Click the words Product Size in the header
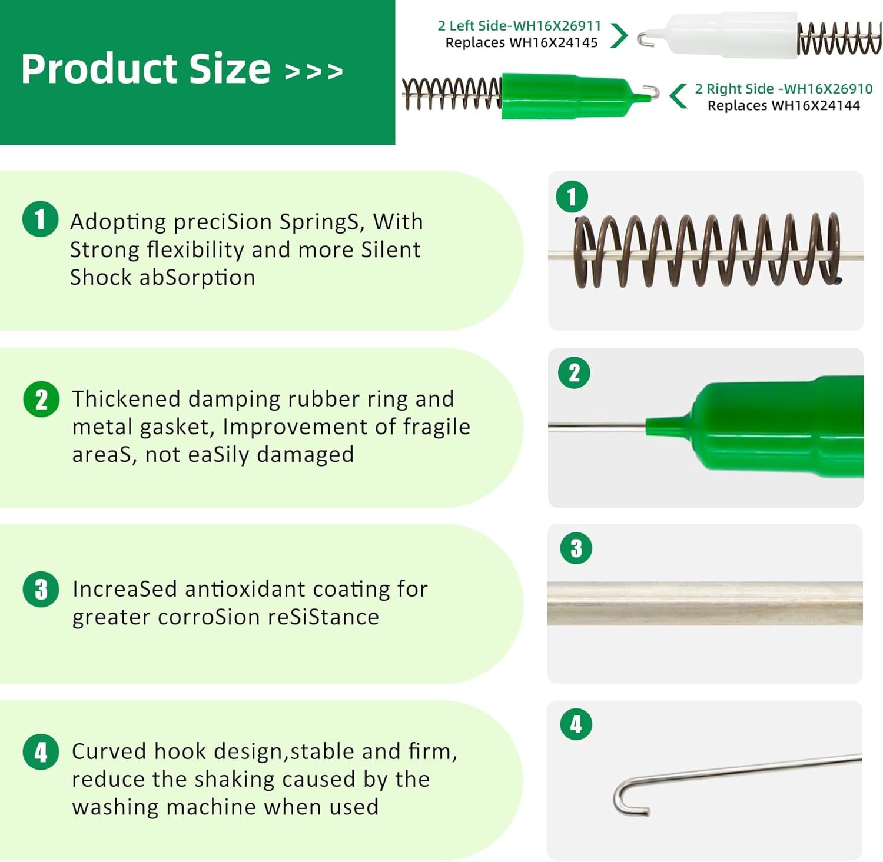click(145, 69)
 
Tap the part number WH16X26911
click(557, 26)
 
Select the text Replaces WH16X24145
click(522, 42)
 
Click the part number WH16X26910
click(828, 89)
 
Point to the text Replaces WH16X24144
click(784, 105)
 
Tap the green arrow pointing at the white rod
click(619, 35)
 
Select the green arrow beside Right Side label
click(678, 96)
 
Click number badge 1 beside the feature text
click(40, 219)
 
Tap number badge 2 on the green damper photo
click(575, 372)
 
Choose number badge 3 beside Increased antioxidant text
click(41, 589)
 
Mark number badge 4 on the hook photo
click(576, 724)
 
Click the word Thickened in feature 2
click(126, 399)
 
